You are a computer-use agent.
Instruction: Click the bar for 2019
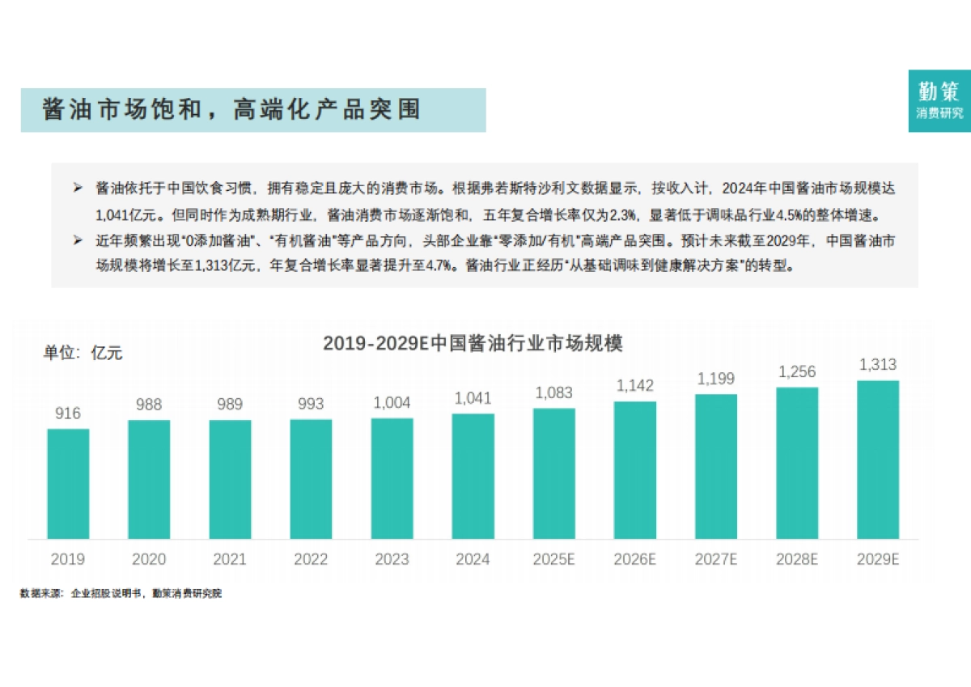(x=68, y=483)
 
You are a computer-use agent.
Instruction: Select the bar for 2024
(x=473, y=476)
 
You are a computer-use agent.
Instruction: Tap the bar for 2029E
(x=878, y=460)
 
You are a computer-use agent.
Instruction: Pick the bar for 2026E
(x=635, y=469)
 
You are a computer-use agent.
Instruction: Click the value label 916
(x=68, y=413)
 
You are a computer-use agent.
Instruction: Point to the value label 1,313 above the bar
(x=878, y=365)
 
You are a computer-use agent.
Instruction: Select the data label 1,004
(x=392, y=402)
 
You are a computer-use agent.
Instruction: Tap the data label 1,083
(x=553, y=392)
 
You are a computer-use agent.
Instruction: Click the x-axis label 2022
(x=311, y=559)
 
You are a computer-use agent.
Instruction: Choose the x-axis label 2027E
(x=716, y=559)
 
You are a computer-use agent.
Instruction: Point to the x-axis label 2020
(x=149, y=559)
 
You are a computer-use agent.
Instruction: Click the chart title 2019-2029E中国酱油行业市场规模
(x=473, y=343)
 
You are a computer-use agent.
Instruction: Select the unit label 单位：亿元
(x=83, y=353)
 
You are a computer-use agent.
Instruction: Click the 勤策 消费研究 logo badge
(x=939, y=101)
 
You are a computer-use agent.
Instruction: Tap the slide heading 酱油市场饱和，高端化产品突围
(x=232, y=110)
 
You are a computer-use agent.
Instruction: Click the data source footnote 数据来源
(x=121, y=593)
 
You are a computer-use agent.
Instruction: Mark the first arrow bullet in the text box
(x=78, y=188)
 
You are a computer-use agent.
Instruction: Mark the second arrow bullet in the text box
(x=78, y=241)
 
